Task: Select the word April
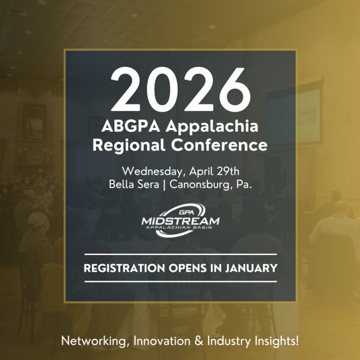pyautogui.click(x=198, y=169)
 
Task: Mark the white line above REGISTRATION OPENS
pyautogui.click(x=180, y=255)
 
